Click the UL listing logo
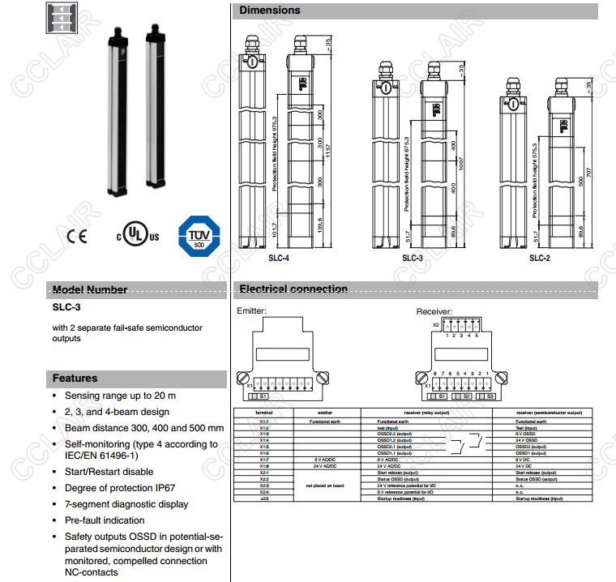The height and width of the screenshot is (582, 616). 138,236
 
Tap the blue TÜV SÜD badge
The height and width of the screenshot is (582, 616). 198,235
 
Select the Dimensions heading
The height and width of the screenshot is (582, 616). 270,11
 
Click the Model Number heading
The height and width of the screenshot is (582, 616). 90,289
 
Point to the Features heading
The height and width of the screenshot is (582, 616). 75,378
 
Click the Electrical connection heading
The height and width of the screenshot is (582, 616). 293,289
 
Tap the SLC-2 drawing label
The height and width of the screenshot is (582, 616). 540,258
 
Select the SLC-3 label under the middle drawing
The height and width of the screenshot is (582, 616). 413,258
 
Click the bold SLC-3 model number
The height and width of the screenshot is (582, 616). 66,308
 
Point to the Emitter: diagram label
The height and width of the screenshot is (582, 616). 251,310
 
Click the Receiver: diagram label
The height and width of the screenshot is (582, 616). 434,311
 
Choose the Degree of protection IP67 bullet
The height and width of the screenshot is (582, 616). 120,488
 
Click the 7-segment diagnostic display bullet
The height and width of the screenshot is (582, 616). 126,504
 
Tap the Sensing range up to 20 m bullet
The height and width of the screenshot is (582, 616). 120,396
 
